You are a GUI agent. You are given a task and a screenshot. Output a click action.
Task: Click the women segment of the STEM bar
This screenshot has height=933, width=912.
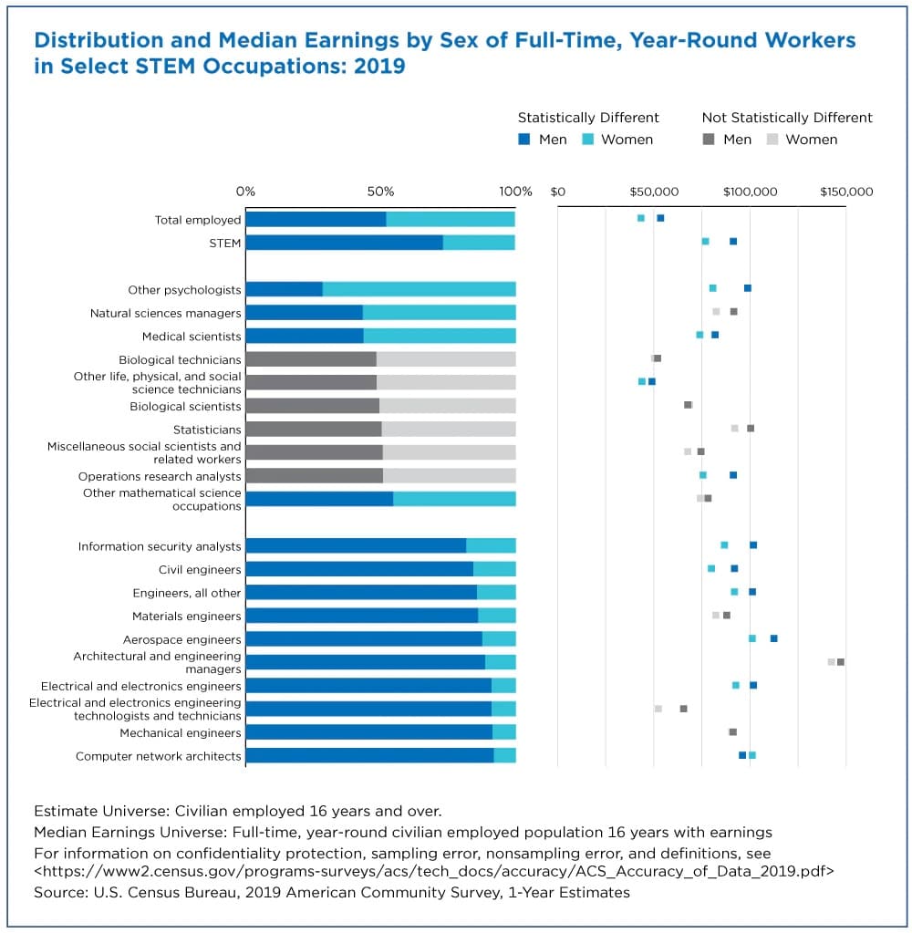coord(479,243)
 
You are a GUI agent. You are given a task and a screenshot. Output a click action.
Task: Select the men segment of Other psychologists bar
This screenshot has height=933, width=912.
coord(284,289)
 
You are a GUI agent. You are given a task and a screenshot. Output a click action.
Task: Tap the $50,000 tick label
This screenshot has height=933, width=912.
coord(654,192)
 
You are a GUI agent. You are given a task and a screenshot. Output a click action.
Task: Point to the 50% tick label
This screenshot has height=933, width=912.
coord(380,192)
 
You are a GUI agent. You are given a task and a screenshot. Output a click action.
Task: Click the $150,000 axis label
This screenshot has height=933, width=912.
coord(846,192)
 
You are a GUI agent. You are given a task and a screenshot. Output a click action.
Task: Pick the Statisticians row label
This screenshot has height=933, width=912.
coord(207,430)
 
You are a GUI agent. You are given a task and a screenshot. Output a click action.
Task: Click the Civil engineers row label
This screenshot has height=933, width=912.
coord(200,570)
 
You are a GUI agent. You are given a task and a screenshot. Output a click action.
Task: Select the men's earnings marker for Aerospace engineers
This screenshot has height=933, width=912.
coord(773,638)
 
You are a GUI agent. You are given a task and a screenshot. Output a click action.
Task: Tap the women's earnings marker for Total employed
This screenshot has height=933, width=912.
coord(641,218)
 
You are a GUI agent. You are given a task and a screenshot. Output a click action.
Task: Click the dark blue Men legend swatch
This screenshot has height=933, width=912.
coord(524,140)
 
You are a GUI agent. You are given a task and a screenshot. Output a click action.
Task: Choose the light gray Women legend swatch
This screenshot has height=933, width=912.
coord(771,140)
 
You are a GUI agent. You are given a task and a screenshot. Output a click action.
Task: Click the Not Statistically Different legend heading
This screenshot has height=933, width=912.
coord(786,118)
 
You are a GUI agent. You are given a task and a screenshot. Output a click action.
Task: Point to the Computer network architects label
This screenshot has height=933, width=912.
coord(159,756)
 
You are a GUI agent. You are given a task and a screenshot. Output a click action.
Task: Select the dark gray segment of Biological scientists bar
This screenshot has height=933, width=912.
coord(312,406)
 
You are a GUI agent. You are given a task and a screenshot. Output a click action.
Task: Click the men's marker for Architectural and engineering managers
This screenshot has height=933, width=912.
coord(841,661)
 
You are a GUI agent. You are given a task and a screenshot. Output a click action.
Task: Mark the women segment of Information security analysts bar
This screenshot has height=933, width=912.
coord(491,546)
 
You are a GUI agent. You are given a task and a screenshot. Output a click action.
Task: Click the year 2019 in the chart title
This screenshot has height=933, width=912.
coord(380,67)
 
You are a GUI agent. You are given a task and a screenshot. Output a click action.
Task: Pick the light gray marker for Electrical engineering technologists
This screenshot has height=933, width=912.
coord(658,709)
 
